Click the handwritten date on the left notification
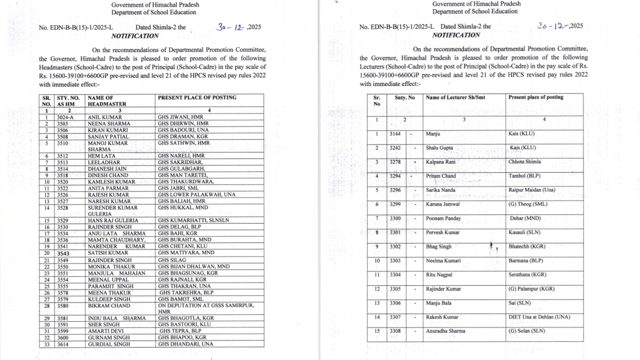point(238,27)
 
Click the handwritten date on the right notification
point(560,26)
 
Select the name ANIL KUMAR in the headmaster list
point(105,117)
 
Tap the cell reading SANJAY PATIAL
point(108,137)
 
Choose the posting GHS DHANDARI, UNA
point(186,344)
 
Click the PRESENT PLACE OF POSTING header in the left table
point(197,98)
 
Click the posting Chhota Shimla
point(525,162)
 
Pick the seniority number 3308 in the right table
point(395,331)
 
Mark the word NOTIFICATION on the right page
point(456,35)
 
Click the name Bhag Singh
point(439,247)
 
